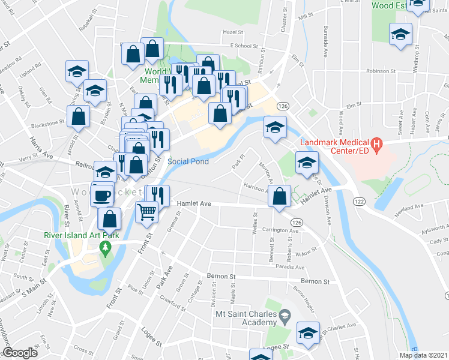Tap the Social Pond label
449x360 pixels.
(x=188, y=161)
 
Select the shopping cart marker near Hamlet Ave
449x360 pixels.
(x=147, y=212)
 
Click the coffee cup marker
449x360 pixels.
(x=103, y=194)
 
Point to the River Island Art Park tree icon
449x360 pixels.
(x=106, y=247)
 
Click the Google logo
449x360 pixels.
(x=21, y=353)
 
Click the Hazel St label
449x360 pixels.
(x=231, y=32)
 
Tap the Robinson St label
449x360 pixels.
(x=378, y=71)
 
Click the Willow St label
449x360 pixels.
(x=309, y=251)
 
